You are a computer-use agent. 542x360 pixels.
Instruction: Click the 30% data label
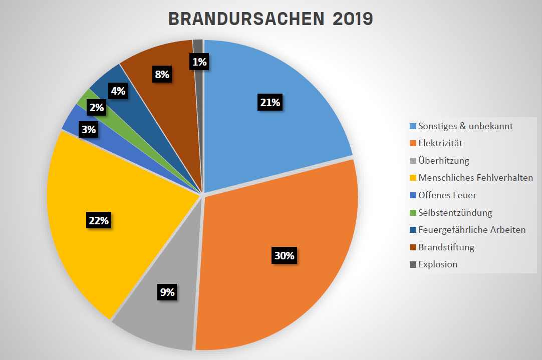(285, 256)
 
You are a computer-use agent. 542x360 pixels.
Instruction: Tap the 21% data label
(270, 103)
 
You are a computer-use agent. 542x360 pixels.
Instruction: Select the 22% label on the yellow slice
(98, 221)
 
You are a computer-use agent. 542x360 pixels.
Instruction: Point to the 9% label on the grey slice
(167, 292)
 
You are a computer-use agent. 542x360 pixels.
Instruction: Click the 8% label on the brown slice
(162, 75)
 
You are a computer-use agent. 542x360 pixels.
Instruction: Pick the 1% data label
(199, 62)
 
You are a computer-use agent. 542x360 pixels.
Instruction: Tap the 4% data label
(119, 91)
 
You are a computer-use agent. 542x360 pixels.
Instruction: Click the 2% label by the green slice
(97, 107)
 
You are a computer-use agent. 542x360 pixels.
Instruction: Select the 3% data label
(89, 130)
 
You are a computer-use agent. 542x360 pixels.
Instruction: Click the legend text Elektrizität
(440, 143)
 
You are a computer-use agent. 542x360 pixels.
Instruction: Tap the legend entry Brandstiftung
(446, 247)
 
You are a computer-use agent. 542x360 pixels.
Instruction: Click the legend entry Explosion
(438, 264)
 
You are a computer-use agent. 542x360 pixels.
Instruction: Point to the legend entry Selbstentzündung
(455, 212)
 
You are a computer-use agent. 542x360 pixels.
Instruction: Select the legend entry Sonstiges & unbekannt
(465, 126)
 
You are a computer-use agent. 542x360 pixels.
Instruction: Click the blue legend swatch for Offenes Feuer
(413, 195)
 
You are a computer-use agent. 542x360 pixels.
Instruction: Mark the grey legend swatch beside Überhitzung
(413, 161)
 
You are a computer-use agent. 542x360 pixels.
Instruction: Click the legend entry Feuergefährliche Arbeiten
(472, 230)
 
